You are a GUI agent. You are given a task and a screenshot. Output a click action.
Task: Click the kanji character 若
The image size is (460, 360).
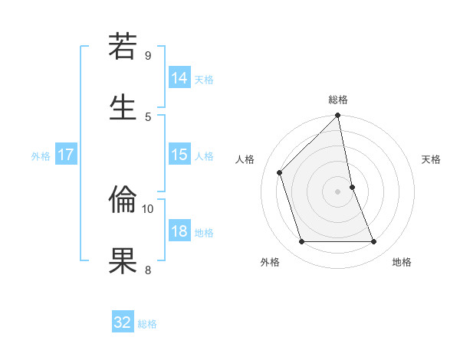(x=123, y=48)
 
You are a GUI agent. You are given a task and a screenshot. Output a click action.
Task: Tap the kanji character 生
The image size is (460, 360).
(x=123, y=108)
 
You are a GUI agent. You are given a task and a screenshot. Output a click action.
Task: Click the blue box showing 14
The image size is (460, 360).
(x=179, y=77)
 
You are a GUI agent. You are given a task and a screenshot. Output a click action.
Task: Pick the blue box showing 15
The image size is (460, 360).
(x=179, y=155)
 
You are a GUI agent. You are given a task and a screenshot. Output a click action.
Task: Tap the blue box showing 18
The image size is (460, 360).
(x=179, y=231)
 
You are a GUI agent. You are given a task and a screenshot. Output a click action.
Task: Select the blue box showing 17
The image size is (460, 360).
(x=66, y=155)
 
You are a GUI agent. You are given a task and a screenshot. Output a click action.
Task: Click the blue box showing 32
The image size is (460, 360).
(x=123, y=322)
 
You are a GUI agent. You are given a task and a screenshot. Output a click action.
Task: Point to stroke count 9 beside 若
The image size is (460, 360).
(x=148, y=56)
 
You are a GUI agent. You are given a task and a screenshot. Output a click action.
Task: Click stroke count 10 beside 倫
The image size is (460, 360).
(x=148, y=208)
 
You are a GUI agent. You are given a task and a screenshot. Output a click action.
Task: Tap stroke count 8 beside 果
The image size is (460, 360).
(x=148, y=270)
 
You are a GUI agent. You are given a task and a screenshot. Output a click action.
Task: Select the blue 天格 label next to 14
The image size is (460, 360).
(x=204, y=80)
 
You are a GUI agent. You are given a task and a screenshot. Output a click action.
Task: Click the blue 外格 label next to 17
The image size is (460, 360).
(x=41, y=156)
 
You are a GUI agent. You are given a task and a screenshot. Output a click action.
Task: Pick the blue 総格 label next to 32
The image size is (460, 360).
(x=147, y=324)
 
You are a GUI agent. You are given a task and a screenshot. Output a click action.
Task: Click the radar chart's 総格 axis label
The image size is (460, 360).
(x=338, y=100)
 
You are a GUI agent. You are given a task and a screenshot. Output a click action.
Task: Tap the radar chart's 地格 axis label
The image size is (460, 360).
(x=402, y=263)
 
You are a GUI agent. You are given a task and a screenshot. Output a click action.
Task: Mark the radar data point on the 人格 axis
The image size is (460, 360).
(x=280, y=172)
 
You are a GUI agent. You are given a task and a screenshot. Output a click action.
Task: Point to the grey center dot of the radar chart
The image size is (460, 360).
(x=338, y=191)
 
